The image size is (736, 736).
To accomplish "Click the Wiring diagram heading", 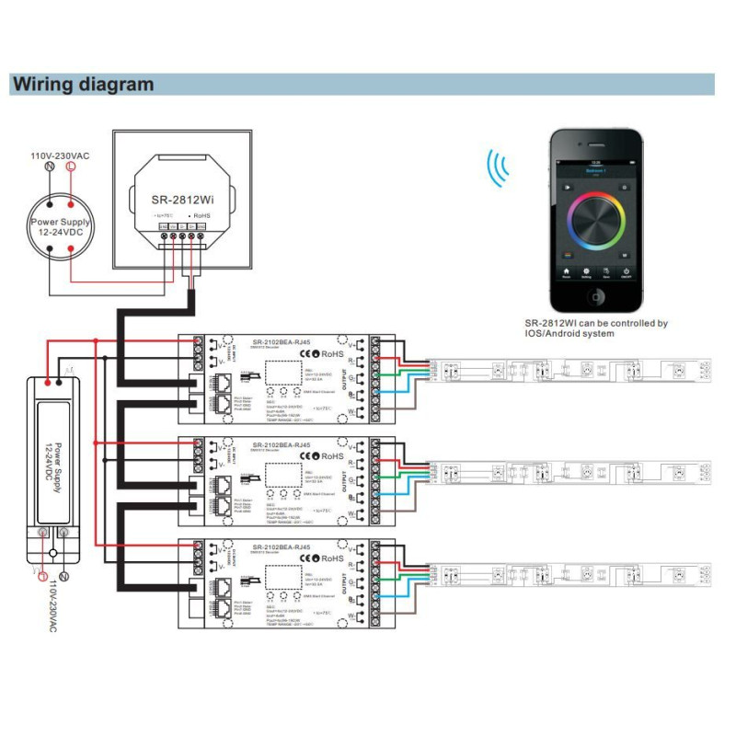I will (83, 85).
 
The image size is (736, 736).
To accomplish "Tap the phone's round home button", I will (595, 296).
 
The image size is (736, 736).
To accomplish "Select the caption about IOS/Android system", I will (595, 328).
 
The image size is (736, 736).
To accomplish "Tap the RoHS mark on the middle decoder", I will (332, 456).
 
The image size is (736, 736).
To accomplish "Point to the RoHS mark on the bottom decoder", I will (332, 559).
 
